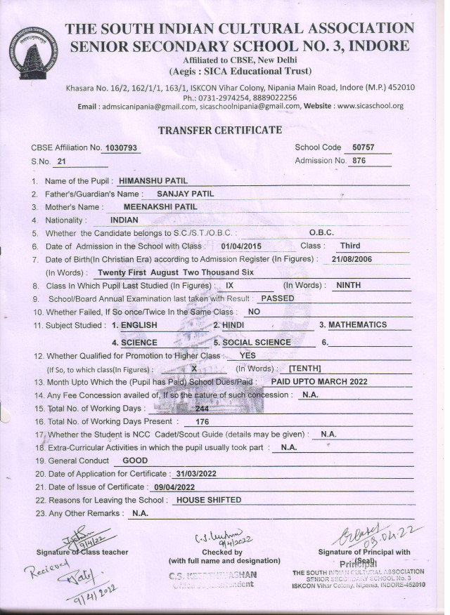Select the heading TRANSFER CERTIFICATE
pyautogui.click(x=220, y=130)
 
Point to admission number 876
pyautogui.click(x=359, y=161)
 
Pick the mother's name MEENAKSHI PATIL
pyautogui.click(x=160, y=207)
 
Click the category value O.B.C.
pyautogui.click(x=321, y=232)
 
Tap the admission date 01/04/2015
pyautogui.click(x=241, y=246)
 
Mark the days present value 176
pyautogui.click(x=202, y=422)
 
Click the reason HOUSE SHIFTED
pyautogui.click(x=208, y=500)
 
